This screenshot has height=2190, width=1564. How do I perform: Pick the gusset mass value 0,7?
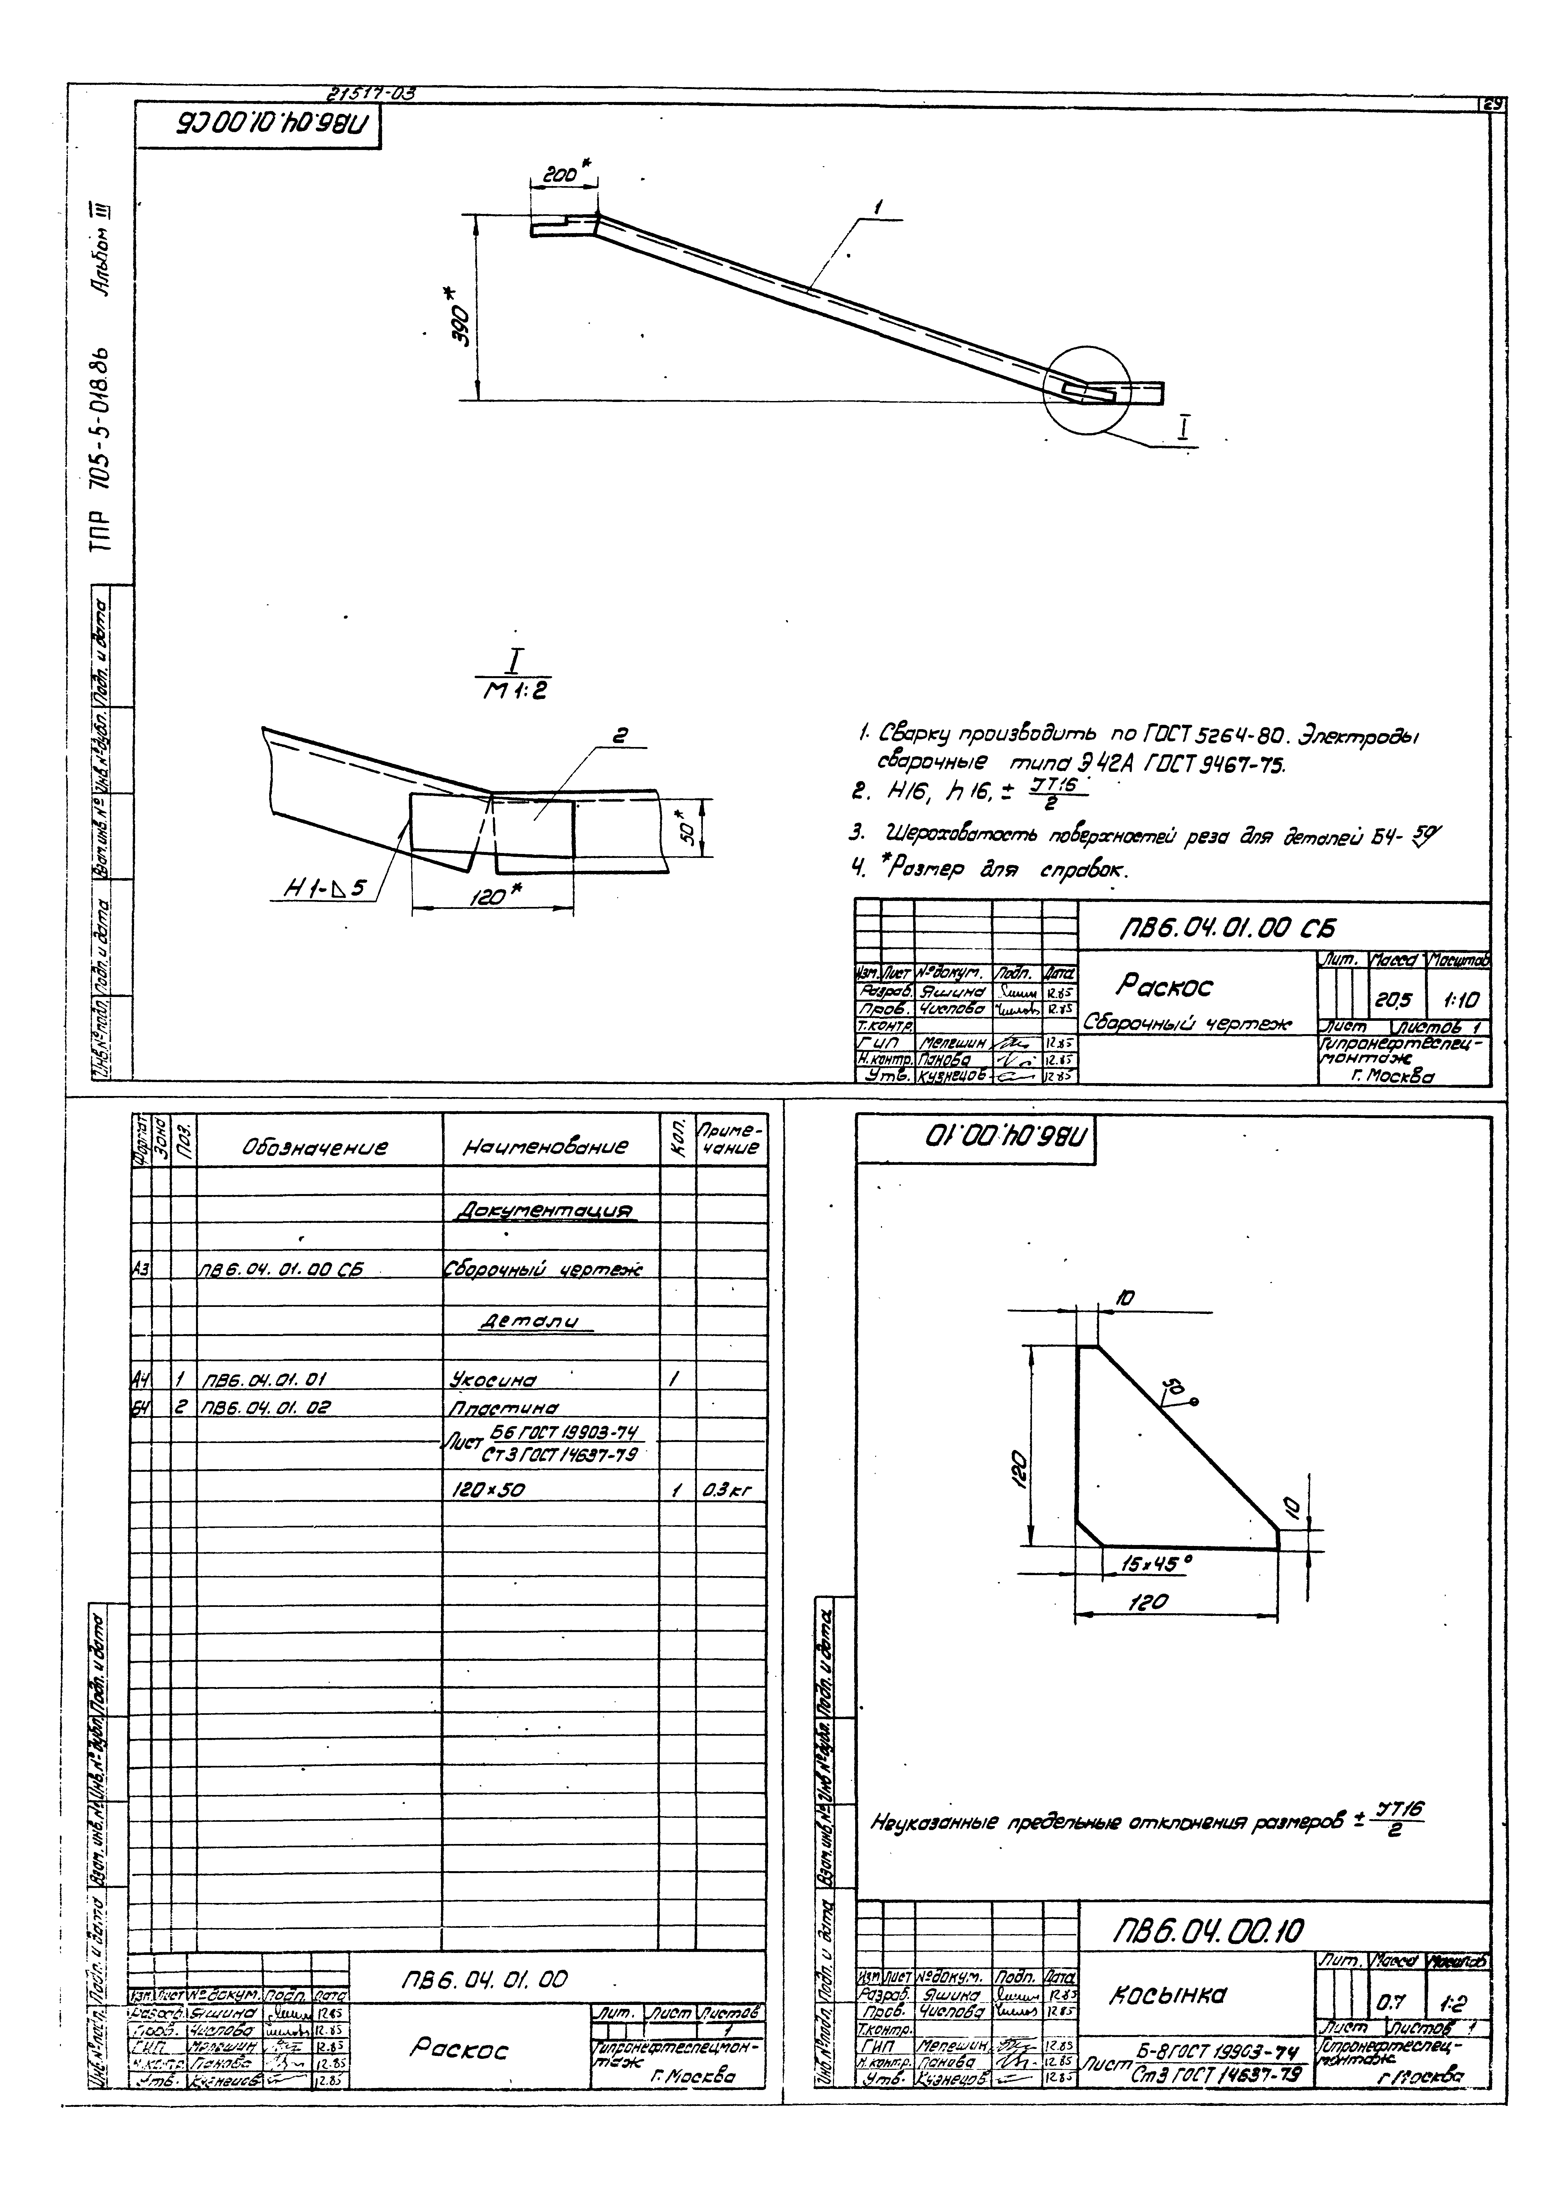coord(1388,2002)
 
